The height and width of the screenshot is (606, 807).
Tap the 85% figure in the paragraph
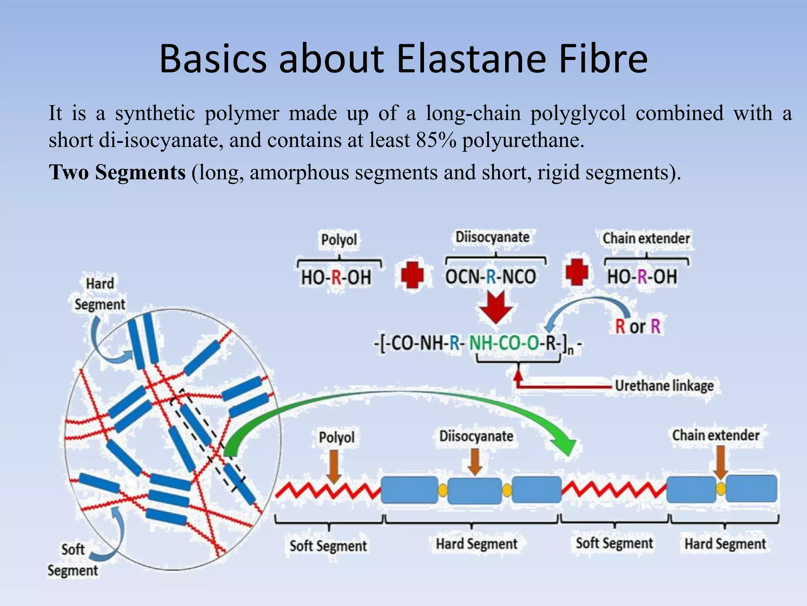(x=436, y=140)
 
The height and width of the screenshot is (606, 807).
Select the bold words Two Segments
(x=117, y=172)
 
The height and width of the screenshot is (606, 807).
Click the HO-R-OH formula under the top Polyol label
(x=336, y=277)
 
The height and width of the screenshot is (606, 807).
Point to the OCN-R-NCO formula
(x=491, y=277)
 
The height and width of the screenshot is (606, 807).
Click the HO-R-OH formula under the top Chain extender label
(x=642, y=277)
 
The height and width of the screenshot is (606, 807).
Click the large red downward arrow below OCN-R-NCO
(x=496, y=307)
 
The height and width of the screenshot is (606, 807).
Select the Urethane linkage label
(x=664, y=385)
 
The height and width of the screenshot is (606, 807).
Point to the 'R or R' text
(x=637, y=327)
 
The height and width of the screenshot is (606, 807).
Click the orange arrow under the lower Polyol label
(x=334, y=466)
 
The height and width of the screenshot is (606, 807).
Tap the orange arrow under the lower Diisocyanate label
(x=475, y=462)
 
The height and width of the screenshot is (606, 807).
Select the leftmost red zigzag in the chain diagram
(x=328, y=490)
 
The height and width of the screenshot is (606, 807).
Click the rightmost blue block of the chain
(x=751, y=488)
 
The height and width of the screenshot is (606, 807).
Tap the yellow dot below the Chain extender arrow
(x=721, y=489)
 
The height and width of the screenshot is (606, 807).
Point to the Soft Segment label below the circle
(x=73, y=560)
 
